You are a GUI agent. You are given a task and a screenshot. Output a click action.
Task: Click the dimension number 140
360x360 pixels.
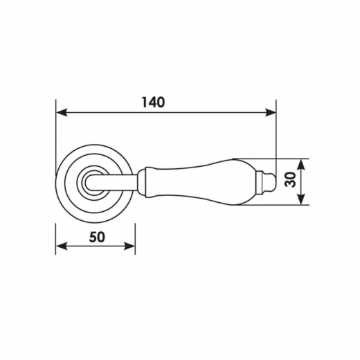pyautogui.click(x=153, y=102)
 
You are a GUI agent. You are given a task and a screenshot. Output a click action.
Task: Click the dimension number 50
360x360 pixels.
pyautogui.click(x=97, y=237)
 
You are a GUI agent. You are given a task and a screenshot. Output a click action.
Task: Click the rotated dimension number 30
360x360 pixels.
pyautogui.click(x=290, y=179)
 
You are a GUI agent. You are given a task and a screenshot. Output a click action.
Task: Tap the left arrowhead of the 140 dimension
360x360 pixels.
pyautogui.click(x=62, y=113)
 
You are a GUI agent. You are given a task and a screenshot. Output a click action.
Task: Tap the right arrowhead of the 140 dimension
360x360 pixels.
pyautogui.click(x=270, y=113)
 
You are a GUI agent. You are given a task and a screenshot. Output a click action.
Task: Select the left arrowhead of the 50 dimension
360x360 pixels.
pyautogui.click(x=62, y=246)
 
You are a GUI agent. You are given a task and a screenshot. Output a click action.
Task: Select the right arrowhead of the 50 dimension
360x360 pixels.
pyautogui.click(x=129, y=246)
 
